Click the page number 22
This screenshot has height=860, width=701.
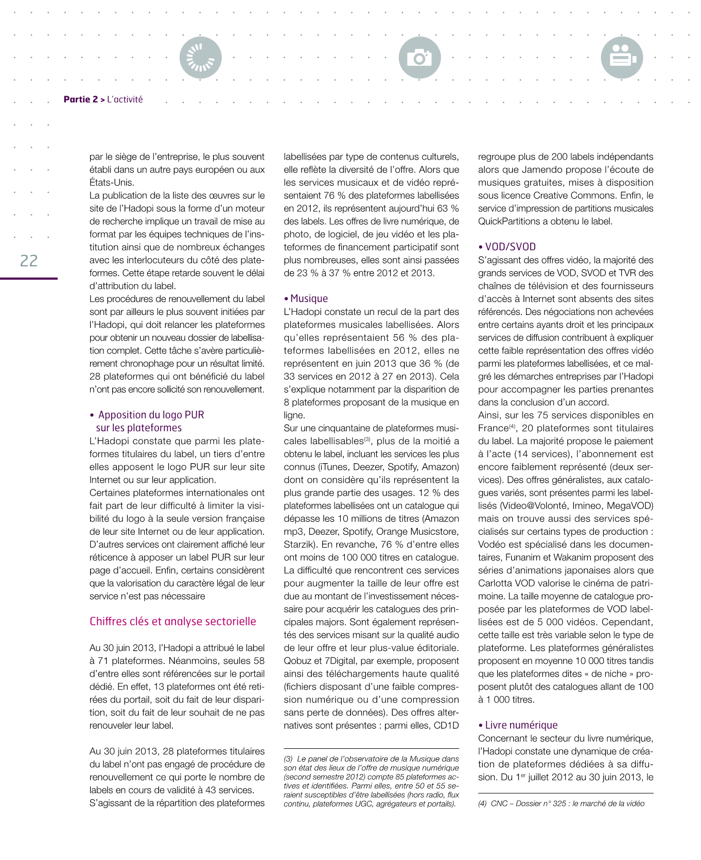[x=29, y=261]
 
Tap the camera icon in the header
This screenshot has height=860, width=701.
[x=419, y=58]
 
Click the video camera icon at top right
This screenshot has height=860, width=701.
[x=622, y=58]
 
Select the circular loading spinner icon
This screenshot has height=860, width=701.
[x=201, y=58]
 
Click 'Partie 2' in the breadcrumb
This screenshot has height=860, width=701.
[x=80, y=99]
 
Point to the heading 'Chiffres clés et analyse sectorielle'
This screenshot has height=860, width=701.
[x=172, y=621]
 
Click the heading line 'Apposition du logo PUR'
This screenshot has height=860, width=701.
[x=151, y=415]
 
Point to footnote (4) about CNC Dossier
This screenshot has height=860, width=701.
[x=561, y=803]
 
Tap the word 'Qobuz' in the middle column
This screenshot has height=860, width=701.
[x=297, y=661]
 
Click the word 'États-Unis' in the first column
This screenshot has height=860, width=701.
[x=111, y=183]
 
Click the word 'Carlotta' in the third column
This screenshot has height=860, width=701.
[x=495, y=583]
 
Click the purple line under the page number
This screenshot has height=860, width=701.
[x=29, y=278]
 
